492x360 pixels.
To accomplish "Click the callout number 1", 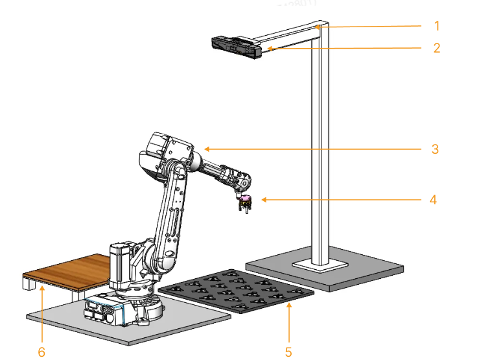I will (436, 26).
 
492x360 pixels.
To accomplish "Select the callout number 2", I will (436, 48).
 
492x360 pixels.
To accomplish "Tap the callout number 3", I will (435, 149).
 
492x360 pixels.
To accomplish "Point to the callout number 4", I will (433, 200).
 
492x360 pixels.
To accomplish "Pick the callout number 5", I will (288, 352).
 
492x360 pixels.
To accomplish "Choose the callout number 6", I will (42, 352).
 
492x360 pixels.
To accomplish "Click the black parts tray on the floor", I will (237, 291).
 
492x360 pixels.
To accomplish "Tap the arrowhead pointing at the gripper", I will (263, 200).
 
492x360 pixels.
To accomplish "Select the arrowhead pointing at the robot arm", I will (205, 149).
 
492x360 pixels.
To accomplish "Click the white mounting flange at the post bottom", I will (320, 265).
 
